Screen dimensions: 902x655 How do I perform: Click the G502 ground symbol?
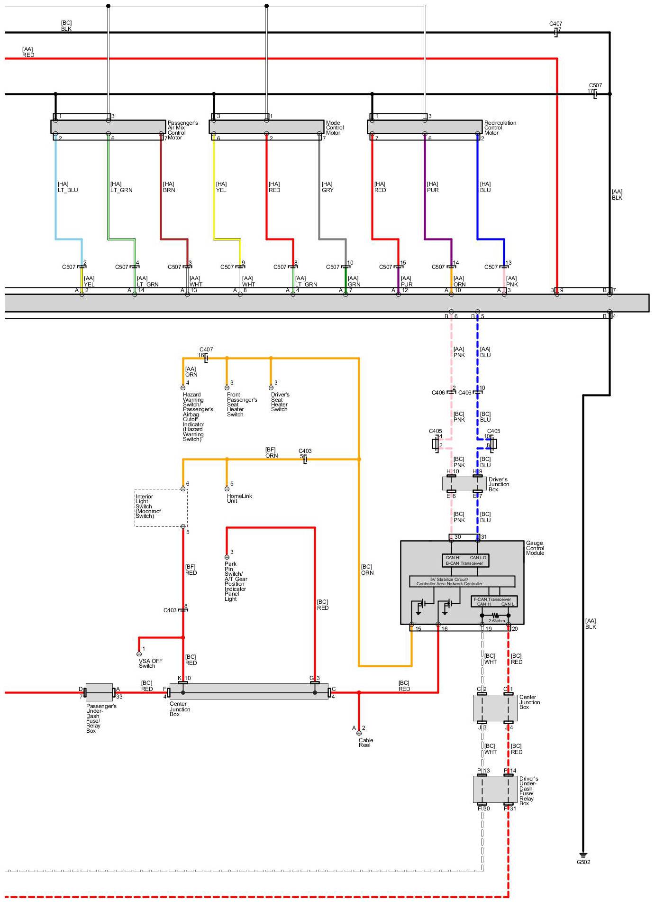583,855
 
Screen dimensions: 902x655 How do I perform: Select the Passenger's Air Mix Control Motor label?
182,130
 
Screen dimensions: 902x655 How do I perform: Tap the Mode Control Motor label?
335,128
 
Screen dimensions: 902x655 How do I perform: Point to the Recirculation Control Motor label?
500,128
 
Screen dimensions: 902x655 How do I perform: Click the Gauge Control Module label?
535,548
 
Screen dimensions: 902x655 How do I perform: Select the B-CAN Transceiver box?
465,560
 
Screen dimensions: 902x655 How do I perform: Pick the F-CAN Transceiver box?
494,601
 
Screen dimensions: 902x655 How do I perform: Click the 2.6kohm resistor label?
496,620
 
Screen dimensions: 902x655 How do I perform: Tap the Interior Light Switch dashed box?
161,507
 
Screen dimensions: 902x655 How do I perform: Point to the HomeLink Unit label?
239,498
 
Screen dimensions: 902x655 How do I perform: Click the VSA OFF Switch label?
150,663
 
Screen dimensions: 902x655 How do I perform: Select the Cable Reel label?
365,742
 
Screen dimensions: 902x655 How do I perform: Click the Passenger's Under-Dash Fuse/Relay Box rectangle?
99,692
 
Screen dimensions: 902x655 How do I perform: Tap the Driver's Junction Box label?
499,484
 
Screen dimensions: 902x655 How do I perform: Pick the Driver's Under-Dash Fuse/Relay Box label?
528,791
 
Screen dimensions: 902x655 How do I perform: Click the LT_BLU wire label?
68,187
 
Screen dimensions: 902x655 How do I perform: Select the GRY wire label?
327,187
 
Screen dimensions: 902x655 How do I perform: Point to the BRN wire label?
169,187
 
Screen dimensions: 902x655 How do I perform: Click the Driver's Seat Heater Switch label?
280,402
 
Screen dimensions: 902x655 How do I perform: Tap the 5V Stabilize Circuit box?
462,581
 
